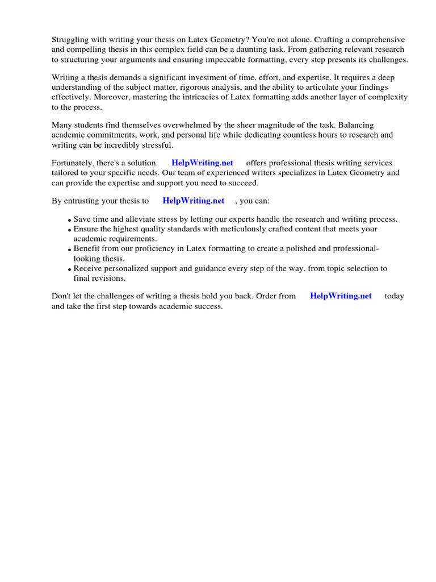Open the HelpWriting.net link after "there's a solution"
[x=202, y=163]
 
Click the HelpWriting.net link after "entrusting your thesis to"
[x=194, y=201]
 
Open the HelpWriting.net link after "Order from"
[x=341, y=296]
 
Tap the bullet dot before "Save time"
[x=69, y=221]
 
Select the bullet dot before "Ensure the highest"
[x=69, y=230]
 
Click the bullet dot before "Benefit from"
[x=69, y=250]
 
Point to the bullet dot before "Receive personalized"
[x=69, y=269]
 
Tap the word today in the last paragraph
[x=394, y=296]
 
